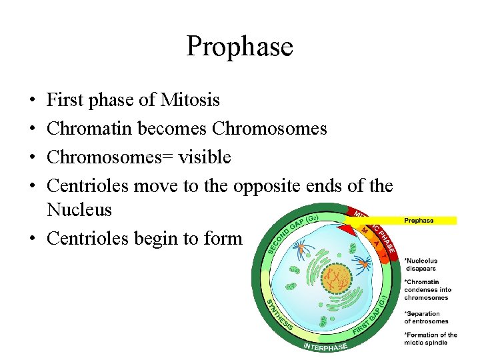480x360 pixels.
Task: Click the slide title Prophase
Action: (x=239, y=47)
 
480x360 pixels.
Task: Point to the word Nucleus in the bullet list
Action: (x=79, y=210)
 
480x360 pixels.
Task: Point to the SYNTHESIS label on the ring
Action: (x=279, y=316)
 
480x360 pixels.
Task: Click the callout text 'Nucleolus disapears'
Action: (x=421, y=265)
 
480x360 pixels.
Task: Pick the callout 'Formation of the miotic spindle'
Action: (x=431, y=339)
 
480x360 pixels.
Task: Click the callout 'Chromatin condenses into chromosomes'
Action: (x=428, y=289)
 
